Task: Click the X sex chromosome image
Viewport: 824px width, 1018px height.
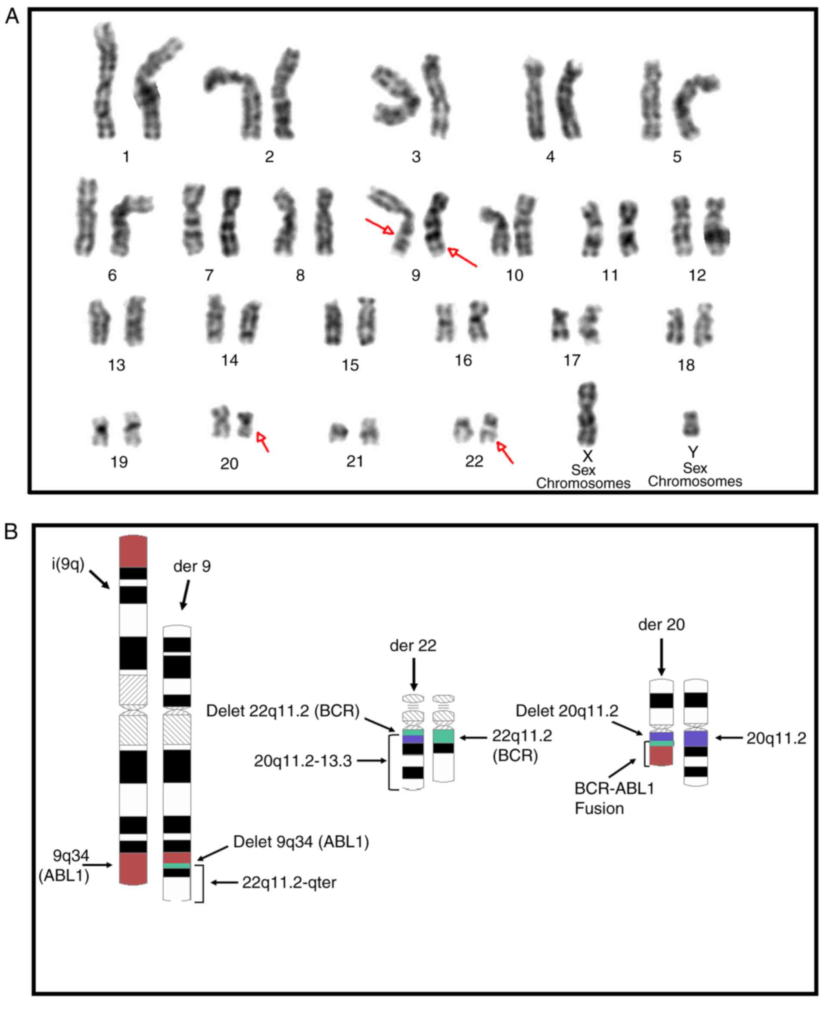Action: (x=588, y=413)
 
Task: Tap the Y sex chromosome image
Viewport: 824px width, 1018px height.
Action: (x=691, y=424)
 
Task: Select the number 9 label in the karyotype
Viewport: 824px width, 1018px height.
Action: (x=416, y=275)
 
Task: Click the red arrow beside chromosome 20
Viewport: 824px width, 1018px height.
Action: (x=262, y=442)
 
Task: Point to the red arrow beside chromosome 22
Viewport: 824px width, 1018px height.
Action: (x=505, y=453)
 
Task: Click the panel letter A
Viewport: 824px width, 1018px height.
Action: (x=12, y=17)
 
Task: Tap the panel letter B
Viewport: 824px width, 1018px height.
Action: (x=11, y=532)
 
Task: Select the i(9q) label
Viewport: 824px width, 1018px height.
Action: (x=68, y=564)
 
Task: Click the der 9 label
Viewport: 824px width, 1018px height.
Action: (x=192, y=566)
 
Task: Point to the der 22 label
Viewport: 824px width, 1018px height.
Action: (x=413, y=646)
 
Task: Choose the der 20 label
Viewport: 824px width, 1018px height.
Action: (x=661, y=625)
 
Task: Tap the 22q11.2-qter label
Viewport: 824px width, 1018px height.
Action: (x=289, y=883)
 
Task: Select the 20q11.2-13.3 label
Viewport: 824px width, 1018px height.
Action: (x=303, y=761)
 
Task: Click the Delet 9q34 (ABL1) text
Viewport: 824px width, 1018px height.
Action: (x=301, y=842)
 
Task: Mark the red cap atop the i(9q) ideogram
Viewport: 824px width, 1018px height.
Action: (x=134, y=551)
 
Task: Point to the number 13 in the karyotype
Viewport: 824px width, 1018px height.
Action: (x=116, y=365)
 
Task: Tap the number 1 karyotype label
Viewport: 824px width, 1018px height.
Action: (x=126, y=157)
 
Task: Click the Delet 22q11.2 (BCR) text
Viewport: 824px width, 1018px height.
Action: (x=283, y=711)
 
